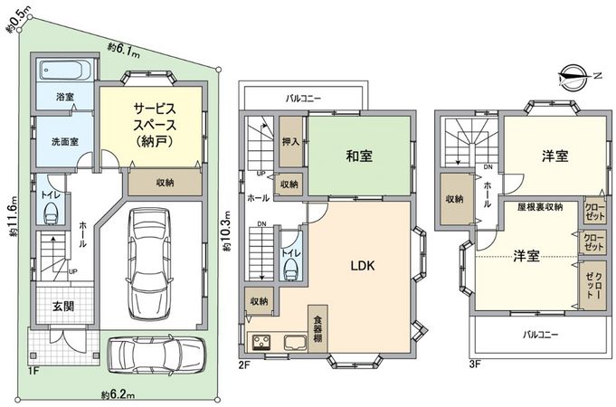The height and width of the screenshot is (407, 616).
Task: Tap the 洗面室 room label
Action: (x=62, y=142)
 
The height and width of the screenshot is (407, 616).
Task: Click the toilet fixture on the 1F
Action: (x=51, y=212)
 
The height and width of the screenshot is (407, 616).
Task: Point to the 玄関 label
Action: (x=62, y=306)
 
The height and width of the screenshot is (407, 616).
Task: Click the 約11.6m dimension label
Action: (x=14, y=221)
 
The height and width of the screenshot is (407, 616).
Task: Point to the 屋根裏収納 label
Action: (x=540, y=206)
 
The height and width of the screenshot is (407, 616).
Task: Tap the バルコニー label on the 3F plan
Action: (x=541, y=334)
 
